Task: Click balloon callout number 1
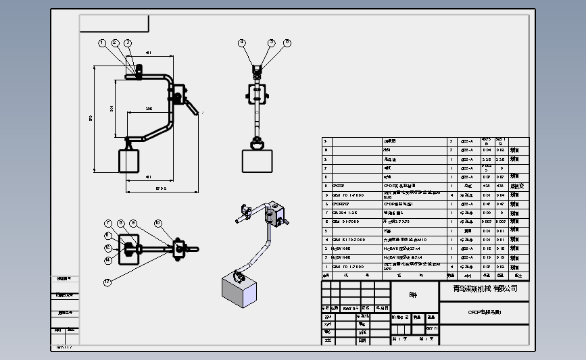(x=102, y=43)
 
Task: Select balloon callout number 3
(x=128, y=43)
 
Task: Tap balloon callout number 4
(x=241, y=43)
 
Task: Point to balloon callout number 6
(x=287, y=43)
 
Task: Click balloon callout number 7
(x=107, y=223)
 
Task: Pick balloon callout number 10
(x=157, y=223)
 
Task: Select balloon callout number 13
(x=107, y=282)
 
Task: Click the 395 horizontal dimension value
(x=149, y=108)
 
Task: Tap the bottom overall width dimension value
(x=160, y=188)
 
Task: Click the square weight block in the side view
(x=129, y=161)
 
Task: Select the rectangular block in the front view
(x=258, y=161)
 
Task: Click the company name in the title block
(x=485, y=288)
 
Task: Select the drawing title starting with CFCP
(x=485, y=312)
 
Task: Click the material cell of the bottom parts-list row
(x=467, y=266)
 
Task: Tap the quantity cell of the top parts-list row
(x=451, y=142)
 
